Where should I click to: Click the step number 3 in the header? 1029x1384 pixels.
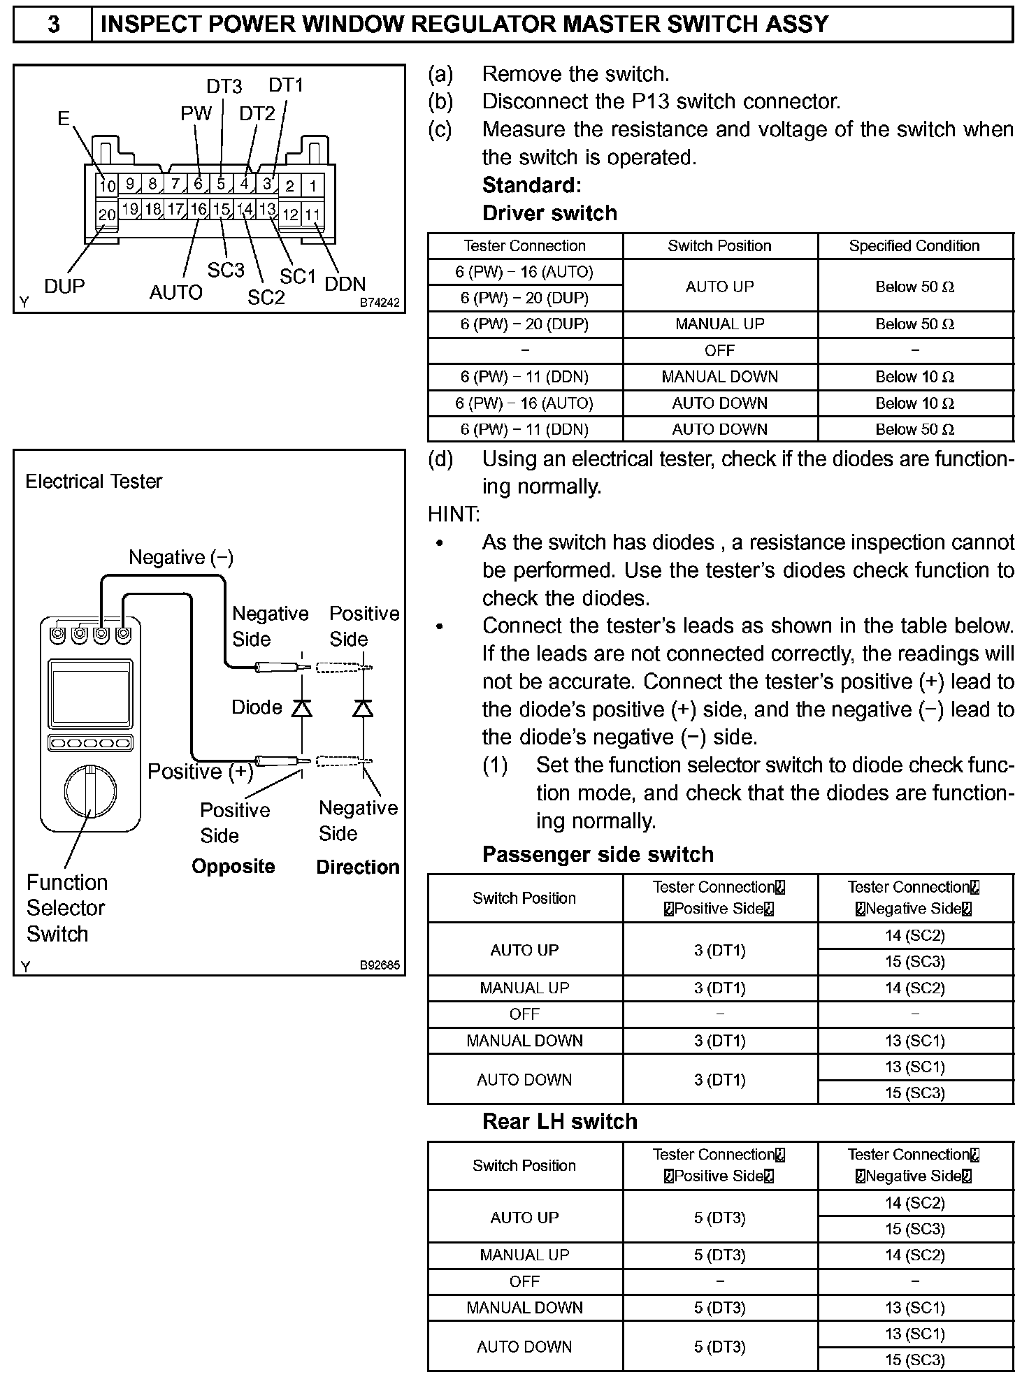(x=53, y=25)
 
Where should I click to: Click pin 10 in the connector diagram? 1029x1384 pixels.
(x=107, y=186)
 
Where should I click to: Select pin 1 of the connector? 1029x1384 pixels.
(x=313, y=186)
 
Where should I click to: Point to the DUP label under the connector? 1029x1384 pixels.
(x=64, y=287)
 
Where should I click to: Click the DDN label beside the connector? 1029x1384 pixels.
(x=345, y=284)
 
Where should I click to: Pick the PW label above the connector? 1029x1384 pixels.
(x=196, y=114)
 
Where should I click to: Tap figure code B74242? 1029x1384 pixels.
(x=380, y=303)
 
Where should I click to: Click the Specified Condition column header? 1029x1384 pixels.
(x=914, y=246)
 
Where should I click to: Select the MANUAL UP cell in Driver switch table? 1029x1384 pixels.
(x=719, y=324)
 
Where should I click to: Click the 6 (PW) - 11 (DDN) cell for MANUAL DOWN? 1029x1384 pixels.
(x=524, y=377)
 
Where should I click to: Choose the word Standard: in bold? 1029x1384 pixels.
(x=531, y=185)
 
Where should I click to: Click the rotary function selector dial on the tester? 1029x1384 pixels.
(x=91, y=791)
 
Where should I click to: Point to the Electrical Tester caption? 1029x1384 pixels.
(x=94, y=482)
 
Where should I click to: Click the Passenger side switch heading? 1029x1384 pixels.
(x=598, y=854)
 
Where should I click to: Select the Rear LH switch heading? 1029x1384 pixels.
(x=559, y=1121)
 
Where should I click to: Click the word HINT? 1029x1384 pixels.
(x=454, y=514)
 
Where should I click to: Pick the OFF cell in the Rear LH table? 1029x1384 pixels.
(x=524, y=1281)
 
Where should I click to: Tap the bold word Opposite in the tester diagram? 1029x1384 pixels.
(x=233, y=867)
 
